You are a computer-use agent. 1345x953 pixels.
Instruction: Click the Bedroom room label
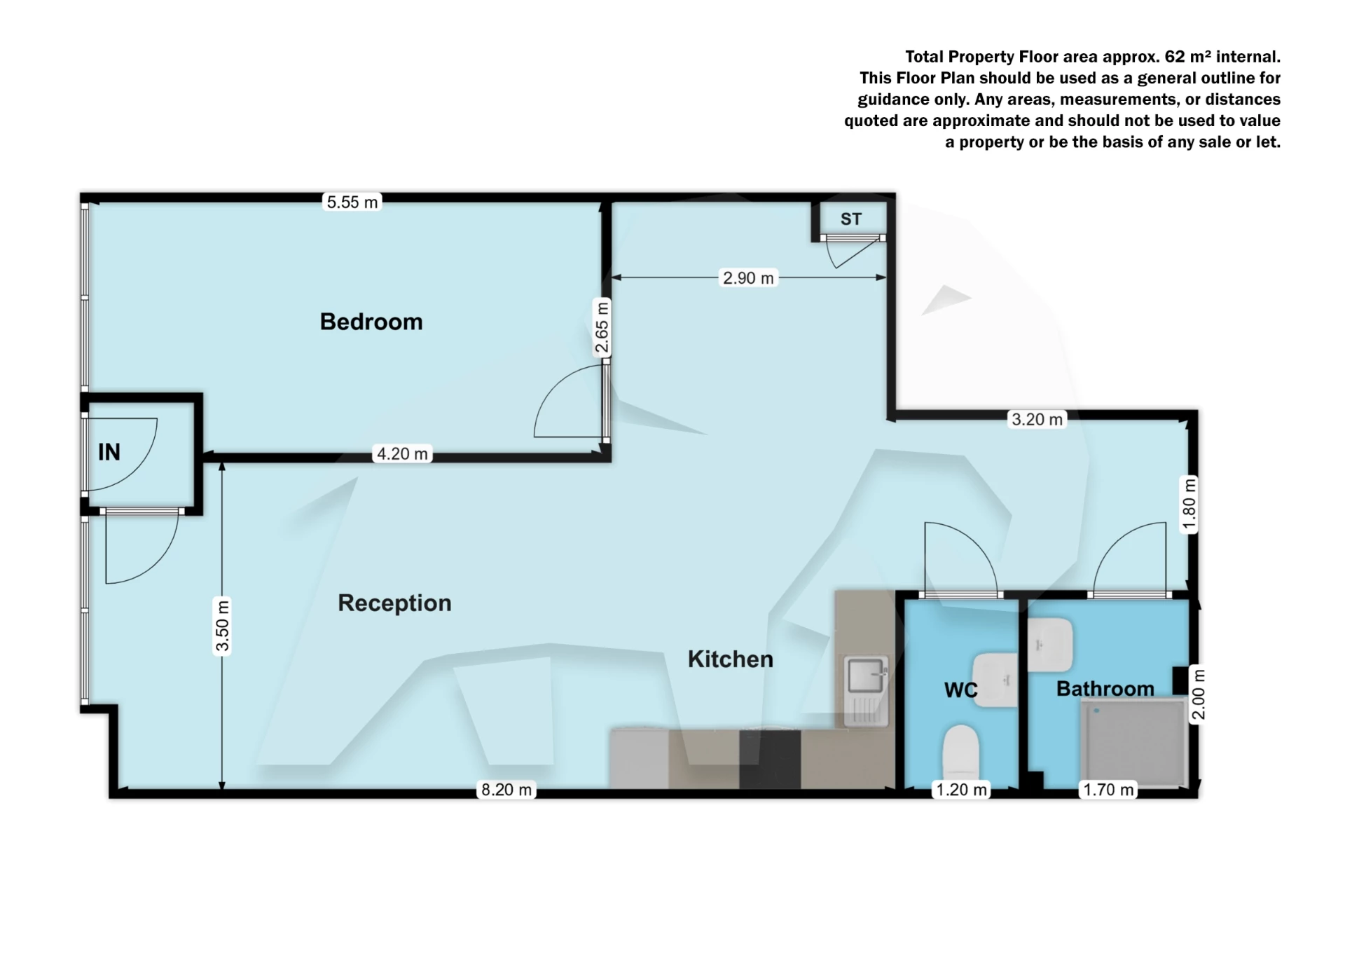pos(371,322)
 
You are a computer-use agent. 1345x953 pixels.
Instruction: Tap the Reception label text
pos(394,603)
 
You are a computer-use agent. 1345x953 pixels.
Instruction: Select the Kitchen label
pos(730,659)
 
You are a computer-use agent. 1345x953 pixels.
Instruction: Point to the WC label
pos(960,690)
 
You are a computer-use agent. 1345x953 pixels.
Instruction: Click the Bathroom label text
pos(1105,689)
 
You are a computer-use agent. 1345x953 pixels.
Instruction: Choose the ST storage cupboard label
pos(851,219)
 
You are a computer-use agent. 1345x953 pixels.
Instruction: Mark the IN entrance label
pos(109,452)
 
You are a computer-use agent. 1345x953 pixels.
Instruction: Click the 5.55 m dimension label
pos(352,203)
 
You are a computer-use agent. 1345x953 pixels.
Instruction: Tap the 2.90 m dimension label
pos(748,278)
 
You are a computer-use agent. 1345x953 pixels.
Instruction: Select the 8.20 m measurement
pos(506,790)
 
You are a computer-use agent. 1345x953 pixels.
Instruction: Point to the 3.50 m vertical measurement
pos(222,626)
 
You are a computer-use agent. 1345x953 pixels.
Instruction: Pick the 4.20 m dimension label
pos(402,454)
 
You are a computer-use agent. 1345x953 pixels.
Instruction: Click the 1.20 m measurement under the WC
pos(962,790)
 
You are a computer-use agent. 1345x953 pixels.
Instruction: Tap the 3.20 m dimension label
pos(1037,420)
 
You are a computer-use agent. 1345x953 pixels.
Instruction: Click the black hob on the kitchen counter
pos(770,759)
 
